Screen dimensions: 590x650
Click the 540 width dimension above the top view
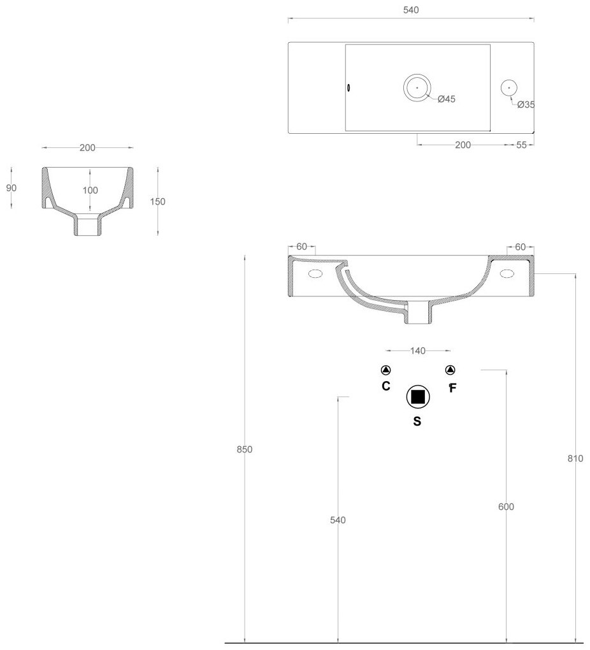(x=411, y=10)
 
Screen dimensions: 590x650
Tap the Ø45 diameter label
(x=447, y=99)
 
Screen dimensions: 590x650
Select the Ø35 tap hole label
(x=526, y=105)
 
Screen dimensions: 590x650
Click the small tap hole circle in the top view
(x=509, y=88)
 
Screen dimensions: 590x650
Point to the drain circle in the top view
(x=417, y=88)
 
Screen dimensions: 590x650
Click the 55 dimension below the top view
(x=521, y=145)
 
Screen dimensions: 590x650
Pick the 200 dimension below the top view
(x=463, y=145)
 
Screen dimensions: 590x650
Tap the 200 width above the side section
(x=87, y=148)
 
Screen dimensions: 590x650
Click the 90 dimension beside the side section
(x=11, y=188)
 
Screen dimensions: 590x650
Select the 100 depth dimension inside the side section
(x=90, y=191)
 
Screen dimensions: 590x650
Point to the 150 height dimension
(x=158, y=201)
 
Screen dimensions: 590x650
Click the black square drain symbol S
(x=418, y=397)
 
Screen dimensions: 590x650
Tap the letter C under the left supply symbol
(x=386, y=386)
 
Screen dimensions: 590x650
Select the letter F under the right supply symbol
(x=452, y=387)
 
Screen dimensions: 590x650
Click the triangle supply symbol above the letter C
(x=386, y=370)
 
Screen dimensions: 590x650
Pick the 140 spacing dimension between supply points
(x=418, y=350)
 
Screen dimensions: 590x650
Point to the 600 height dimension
(x=507, y=507)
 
